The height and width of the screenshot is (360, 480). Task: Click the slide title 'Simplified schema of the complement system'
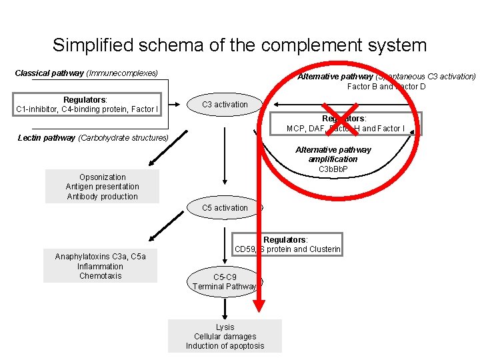(x=239, y=45)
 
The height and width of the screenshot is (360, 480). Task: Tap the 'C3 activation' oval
(x=225, y=104)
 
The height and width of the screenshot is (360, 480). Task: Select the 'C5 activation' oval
(x=225, y=208)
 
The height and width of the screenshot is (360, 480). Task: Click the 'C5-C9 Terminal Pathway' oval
(x=225, y=281)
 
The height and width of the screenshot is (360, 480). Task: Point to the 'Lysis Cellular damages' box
(x=225, y=336)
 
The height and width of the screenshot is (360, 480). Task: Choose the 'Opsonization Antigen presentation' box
(x=102, y=187)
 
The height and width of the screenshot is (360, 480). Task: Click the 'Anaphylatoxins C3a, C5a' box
(x=100, y=266)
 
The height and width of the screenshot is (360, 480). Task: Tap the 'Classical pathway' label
(x=86, y=73)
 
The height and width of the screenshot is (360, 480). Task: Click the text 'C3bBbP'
(x=333, y=169)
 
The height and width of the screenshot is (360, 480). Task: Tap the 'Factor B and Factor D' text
(x=386, y=87)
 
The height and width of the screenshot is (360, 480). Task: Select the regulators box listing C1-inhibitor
(x=87, y=104)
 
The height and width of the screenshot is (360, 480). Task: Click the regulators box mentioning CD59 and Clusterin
(x=287, y=245)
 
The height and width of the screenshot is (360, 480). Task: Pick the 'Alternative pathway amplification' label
(x=333, y=155)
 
